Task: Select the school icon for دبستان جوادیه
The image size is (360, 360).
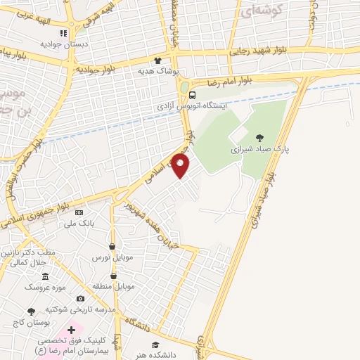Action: [64, 32]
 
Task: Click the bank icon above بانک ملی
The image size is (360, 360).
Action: [79, 212]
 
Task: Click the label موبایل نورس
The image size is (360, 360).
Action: [109, 258]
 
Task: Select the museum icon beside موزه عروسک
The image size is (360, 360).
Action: [46, 276]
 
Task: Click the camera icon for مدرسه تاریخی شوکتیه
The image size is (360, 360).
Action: [80, 299]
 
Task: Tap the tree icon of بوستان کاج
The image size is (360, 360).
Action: [31, 311]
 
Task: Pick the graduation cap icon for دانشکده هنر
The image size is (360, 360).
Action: [155, 345]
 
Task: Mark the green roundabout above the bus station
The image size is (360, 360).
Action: [184, 88]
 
